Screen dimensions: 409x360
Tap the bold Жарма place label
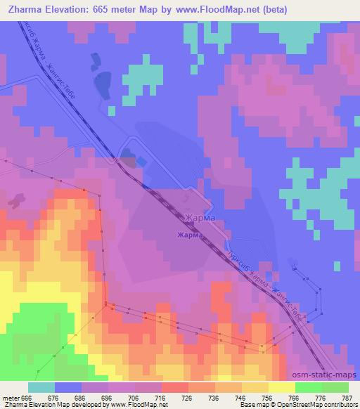(x=190, y=235)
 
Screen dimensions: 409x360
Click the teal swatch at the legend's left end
(x=41, y=387)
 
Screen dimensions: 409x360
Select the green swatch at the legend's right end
(x=335, y=387)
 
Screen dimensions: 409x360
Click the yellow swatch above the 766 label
(x=282, y=387)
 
